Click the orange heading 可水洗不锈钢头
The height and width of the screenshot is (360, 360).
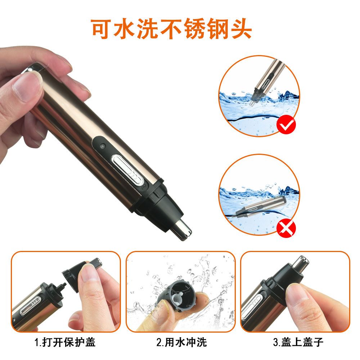pyautogui.click(x=171, y=28)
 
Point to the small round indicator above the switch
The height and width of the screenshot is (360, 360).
pyautogui.click(x=103, y=147)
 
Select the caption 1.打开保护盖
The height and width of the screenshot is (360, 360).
pyautogui.click(x=65, y=341)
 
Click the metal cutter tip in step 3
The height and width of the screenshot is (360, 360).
pyautogui.click(x=301, y=263)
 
